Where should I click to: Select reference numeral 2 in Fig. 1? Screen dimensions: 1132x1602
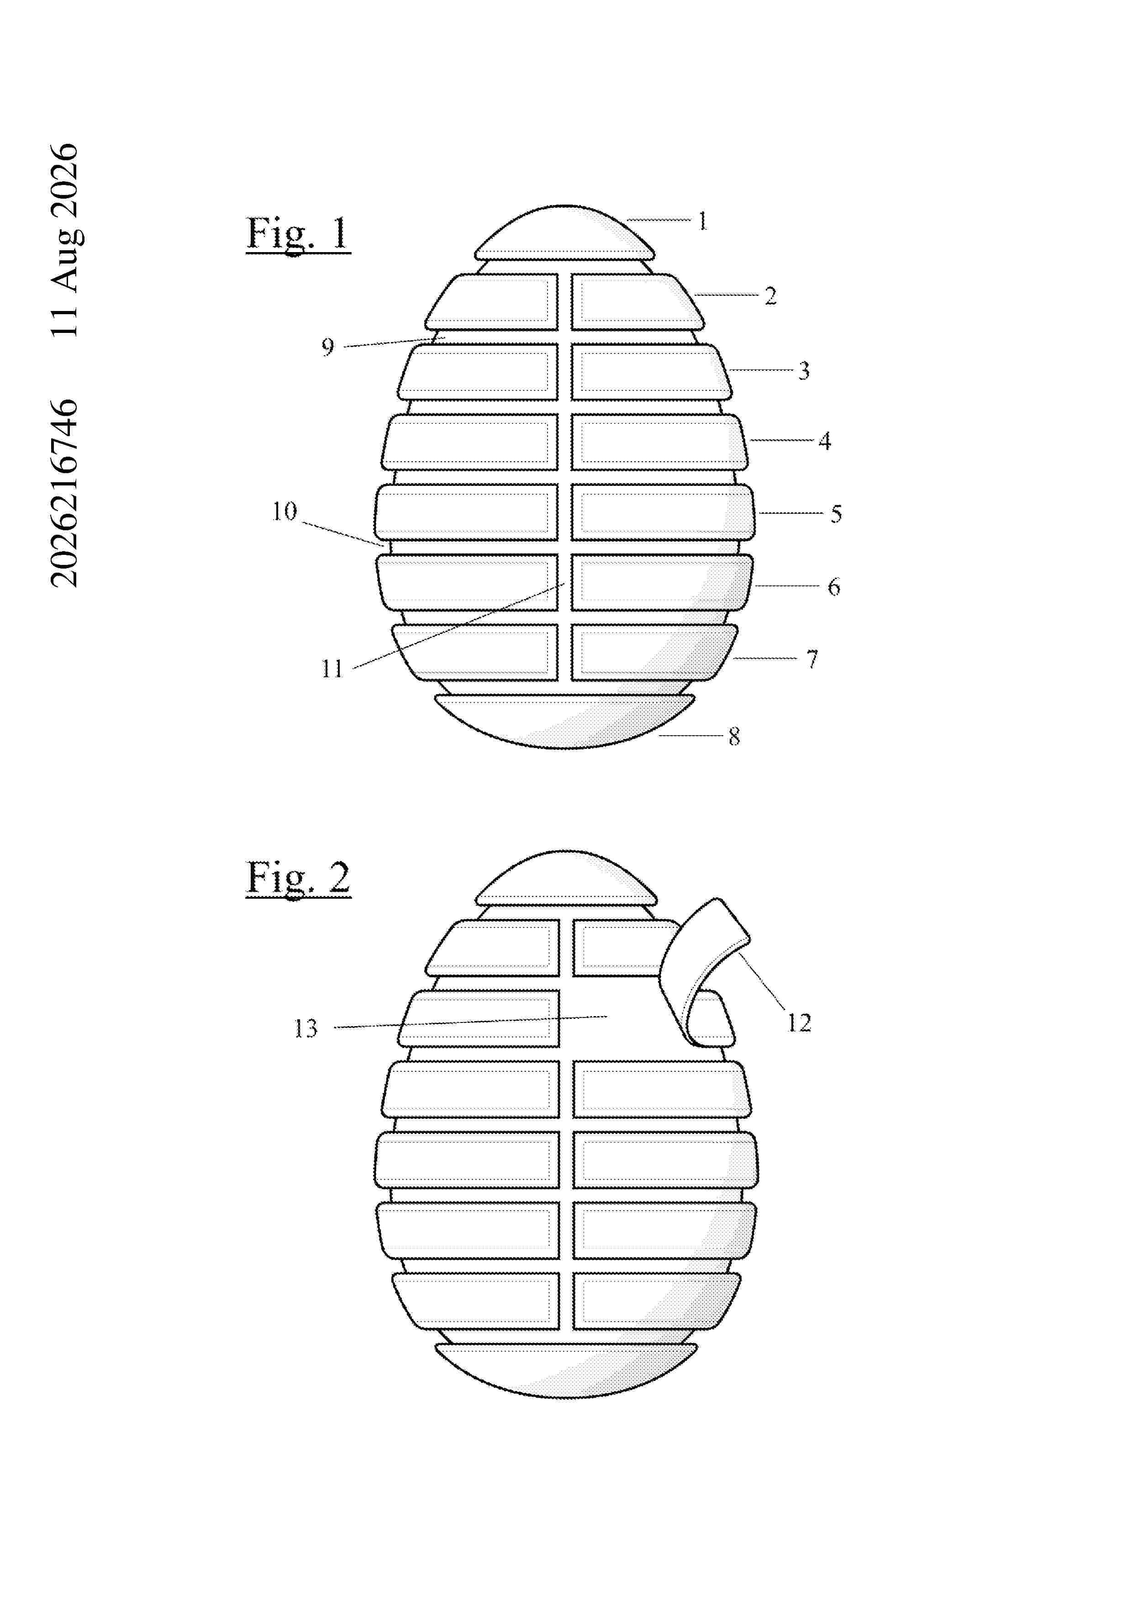(771, 296)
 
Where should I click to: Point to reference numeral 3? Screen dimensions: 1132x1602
(804, 370)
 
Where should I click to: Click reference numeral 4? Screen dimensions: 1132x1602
(824, 441)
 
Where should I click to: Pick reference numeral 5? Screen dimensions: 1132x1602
(836, 514)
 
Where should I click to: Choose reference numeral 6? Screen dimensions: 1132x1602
(834, 587)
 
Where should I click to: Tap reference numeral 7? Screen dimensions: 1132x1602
(812, 659)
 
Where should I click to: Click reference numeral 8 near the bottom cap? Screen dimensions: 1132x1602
(734, 737)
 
